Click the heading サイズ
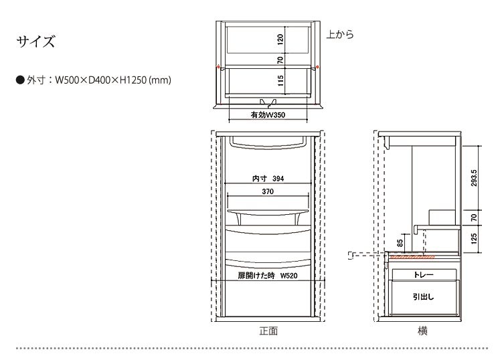(35, 41)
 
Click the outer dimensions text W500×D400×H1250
(101, 80)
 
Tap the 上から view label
(340, 34)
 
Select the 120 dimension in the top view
(280, 39)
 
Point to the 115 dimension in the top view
(280, 80)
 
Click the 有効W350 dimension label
(268, 115)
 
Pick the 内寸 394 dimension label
(268, 179)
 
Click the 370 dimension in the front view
(268, 191)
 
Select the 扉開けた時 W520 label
(268, 276)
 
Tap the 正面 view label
(268, 331)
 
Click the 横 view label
(422, 331)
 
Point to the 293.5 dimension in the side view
(474, 178)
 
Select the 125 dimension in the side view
(474, 239)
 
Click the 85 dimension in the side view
(400, 243)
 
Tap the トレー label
(423, 275)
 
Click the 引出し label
(423, 297)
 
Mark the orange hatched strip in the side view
(412, 257)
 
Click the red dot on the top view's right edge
(317, 67)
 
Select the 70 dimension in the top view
(280, 60)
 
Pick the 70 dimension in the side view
(474, 217)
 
